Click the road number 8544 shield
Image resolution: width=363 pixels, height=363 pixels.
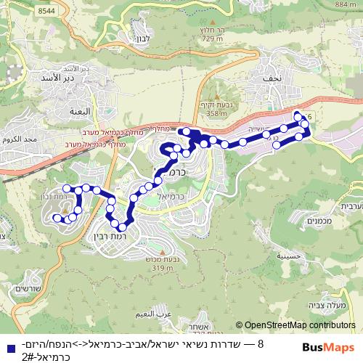click(x=46, y=11)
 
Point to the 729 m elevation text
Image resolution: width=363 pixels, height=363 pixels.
click(x=212, y=47)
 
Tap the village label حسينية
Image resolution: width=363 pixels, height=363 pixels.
click(x=280, y=256)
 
